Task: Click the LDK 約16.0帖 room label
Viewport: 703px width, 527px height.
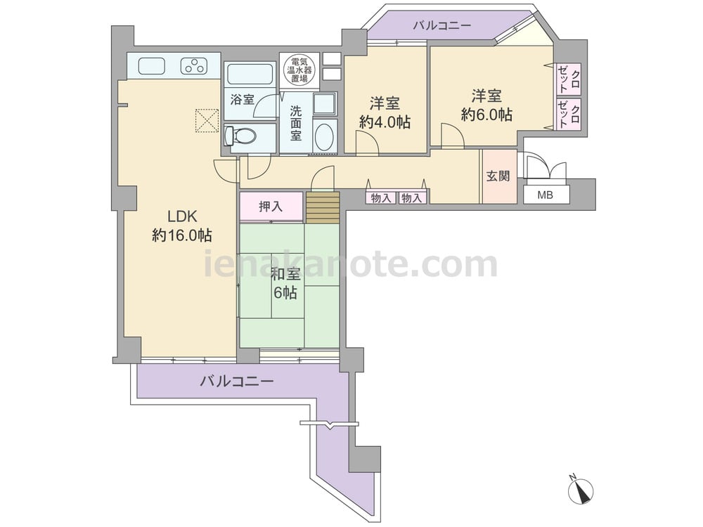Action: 182,226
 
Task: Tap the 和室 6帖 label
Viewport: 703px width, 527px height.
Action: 285,283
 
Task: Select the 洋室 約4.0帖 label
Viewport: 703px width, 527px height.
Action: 385,112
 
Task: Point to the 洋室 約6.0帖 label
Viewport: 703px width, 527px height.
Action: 486,105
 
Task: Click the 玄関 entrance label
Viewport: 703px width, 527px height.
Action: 498,176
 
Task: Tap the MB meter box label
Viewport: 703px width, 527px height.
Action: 546,195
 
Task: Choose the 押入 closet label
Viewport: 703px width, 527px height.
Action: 271,206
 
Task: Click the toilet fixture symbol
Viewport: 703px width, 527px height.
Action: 240,135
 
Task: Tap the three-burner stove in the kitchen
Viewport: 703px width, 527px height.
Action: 194,66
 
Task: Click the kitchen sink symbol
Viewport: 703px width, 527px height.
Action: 152,66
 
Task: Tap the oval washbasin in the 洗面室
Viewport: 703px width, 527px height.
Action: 323,137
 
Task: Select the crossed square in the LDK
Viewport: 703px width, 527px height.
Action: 207,121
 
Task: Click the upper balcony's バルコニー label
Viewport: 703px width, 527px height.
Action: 442,25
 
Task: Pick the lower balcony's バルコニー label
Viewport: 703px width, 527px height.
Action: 237,382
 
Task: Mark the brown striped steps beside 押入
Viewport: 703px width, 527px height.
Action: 323,207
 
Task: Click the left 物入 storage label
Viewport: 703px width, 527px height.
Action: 381,197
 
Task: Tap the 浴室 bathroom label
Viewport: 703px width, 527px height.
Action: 242,99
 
